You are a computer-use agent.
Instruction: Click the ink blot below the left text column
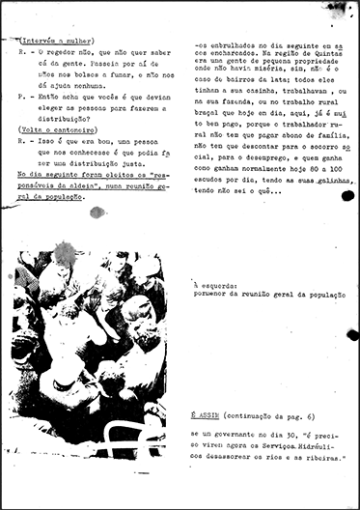coord(97,212)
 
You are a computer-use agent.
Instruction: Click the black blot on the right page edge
coord(352,334)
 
